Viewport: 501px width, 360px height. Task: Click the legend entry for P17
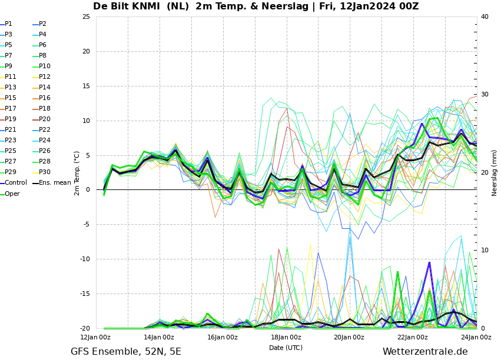[x=8, y=108]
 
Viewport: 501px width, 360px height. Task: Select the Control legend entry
[x=14, y=182]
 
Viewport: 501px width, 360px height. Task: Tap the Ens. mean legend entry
[x=52, y=182]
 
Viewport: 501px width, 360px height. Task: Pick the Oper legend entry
[x=10, y=194]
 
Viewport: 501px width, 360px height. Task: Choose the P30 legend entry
[x=42, y=172]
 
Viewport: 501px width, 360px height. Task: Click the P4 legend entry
[x=39, y=35]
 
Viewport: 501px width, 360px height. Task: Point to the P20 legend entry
[x=42, y=119]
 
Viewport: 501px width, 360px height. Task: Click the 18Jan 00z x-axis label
[x=286, y=337]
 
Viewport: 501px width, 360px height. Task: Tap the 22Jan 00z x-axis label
[x=413, y=337]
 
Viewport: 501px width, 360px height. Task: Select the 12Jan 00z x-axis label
[x=95, y=337]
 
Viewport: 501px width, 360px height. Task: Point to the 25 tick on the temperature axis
[x=87, y=16]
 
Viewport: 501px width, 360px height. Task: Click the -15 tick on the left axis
[x=85, y=294]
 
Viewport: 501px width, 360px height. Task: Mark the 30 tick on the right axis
[x=485, y=95]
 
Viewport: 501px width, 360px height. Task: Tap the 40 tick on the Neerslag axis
[x=485, y=16]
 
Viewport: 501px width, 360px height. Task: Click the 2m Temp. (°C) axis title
[x=77, y=174]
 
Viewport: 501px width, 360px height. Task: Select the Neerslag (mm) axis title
[x=495, y=174]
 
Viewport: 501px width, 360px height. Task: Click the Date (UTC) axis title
[x=286, y=348]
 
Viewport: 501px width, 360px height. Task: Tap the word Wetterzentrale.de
[x=425, y=351]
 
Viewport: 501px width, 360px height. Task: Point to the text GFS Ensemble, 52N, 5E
[x=126, y=352]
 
